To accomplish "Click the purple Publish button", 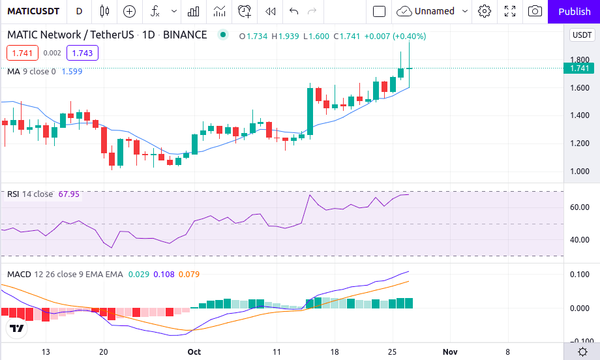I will click(574, 11).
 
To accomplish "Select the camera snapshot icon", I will click(535, 11).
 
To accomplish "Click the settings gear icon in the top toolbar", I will click(485, 11).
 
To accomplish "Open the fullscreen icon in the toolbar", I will click(510, 11).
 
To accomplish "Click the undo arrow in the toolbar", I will click(294, 11).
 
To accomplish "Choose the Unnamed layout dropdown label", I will click(434, 11).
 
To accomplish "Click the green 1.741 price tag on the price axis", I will click(579, 68).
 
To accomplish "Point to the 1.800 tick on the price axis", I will click(579, 60).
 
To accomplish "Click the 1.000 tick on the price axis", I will click(579, 172).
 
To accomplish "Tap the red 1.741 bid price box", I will click(22, 53).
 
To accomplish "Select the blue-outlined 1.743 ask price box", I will click(82, 53).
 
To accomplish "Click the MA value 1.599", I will click(72, 71).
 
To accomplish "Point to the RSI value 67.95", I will click(68, 194).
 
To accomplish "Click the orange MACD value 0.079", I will click(188, 274).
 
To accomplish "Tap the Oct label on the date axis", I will click(194, 352).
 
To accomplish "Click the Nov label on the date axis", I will click(449, 352).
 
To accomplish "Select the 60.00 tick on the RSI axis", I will click(579, 207).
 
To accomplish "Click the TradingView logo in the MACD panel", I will click(18, 329).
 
